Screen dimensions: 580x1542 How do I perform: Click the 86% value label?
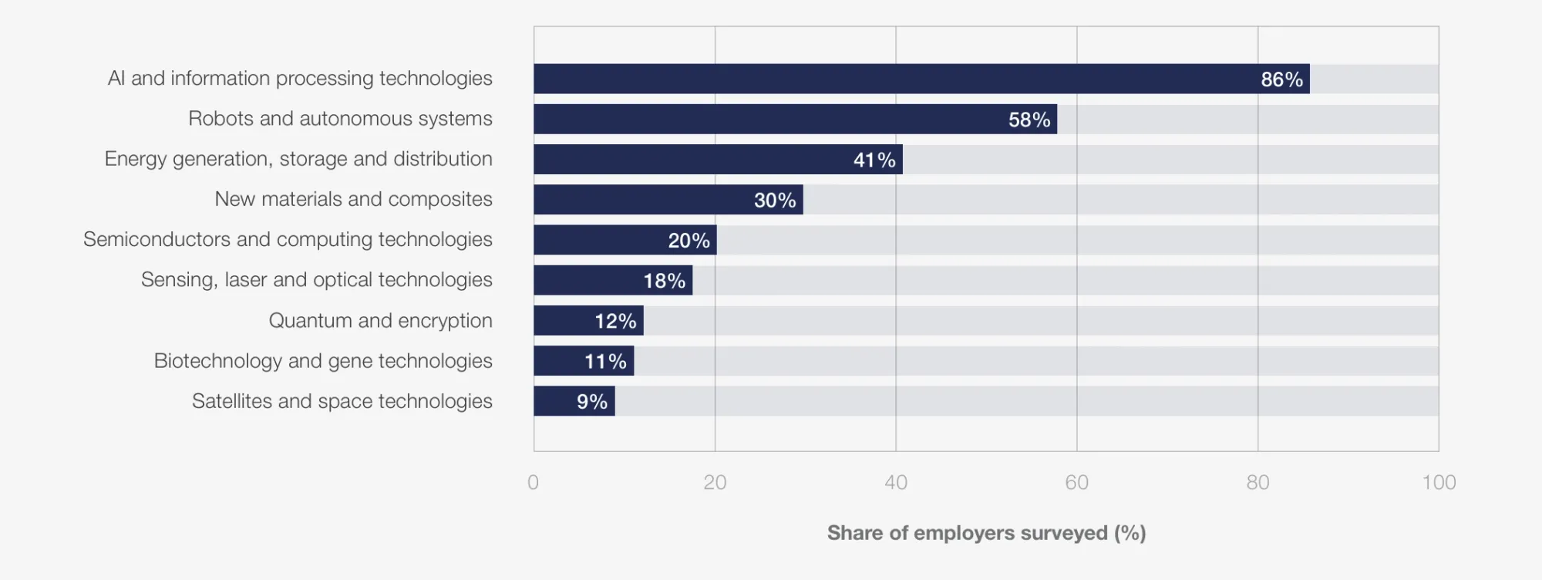click(x=1281, y=79)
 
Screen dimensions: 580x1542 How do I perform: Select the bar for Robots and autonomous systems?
click(x=795, y=120)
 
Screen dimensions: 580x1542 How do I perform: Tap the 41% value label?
click(x=874, y=160)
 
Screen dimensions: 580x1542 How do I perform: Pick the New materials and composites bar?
click(x=668, y=200)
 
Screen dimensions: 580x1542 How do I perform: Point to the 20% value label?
click(x=689, y=241)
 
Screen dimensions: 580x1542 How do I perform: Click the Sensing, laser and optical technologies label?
click(x=316, y=280)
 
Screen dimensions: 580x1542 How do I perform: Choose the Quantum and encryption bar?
click(x=588, y=321)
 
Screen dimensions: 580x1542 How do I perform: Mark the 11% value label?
click(x=605, y=361)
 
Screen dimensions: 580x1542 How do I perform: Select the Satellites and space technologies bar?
click(x=574, y=401)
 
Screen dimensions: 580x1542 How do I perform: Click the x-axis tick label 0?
click(x=533, y=483)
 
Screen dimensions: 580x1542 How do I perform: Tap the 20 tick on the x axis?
click(x=715, y=483)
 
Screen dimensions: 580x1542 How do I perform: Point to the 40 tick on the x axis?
click(x=896, y=483)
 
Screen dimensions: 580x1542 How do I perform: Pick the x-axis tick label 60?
click(x=1076, y=483)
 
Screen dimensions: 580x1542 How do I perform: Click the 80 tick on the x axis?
click(x=1258, y=483)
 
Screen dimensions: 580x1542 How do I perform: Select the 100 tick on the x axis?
click(x=1439, y=483)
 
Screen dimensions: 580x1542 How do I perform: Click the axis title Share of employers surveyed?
click(x=986, y=533)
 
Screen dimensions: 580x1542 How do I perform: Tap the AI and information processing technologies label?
click(x=300, y=79)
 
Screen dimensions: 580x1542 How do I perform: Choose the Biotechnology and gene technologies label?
click(x=323, y=361)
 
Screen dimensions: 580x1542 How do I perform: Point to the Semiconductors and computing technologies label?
click(x=288, y=240)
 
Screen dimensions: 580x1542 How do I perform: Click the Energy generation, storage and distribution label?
click(x=298, y=159)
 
